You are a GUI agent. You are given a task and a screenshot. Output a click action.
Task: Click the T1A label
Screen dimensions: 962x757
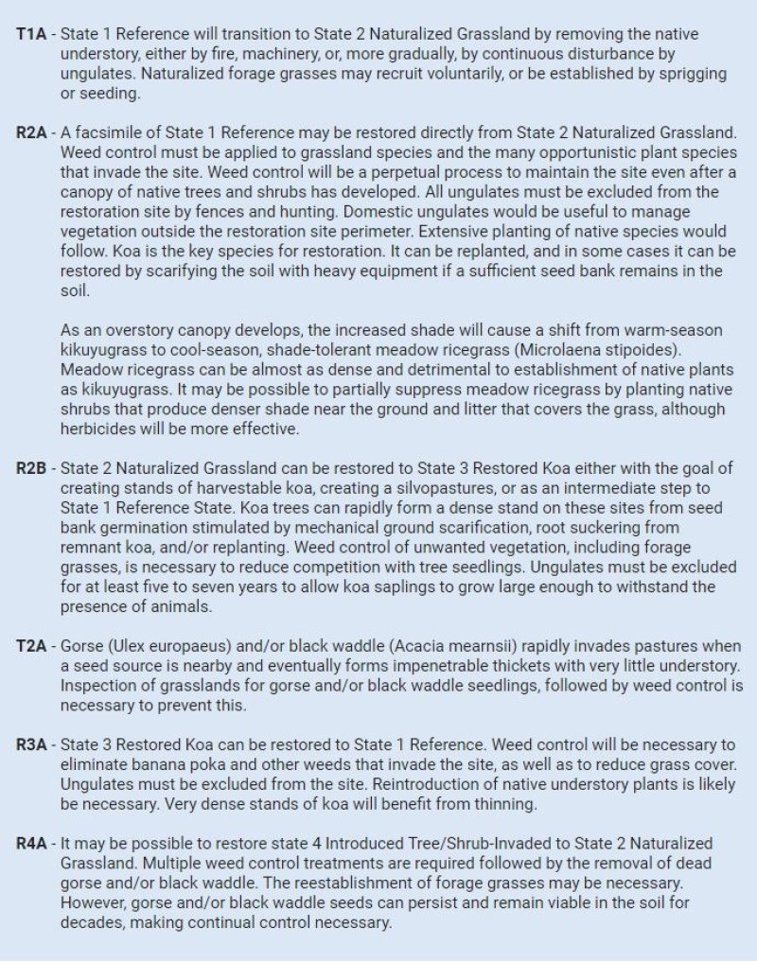pyautogui.click(x=32, y=33)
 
